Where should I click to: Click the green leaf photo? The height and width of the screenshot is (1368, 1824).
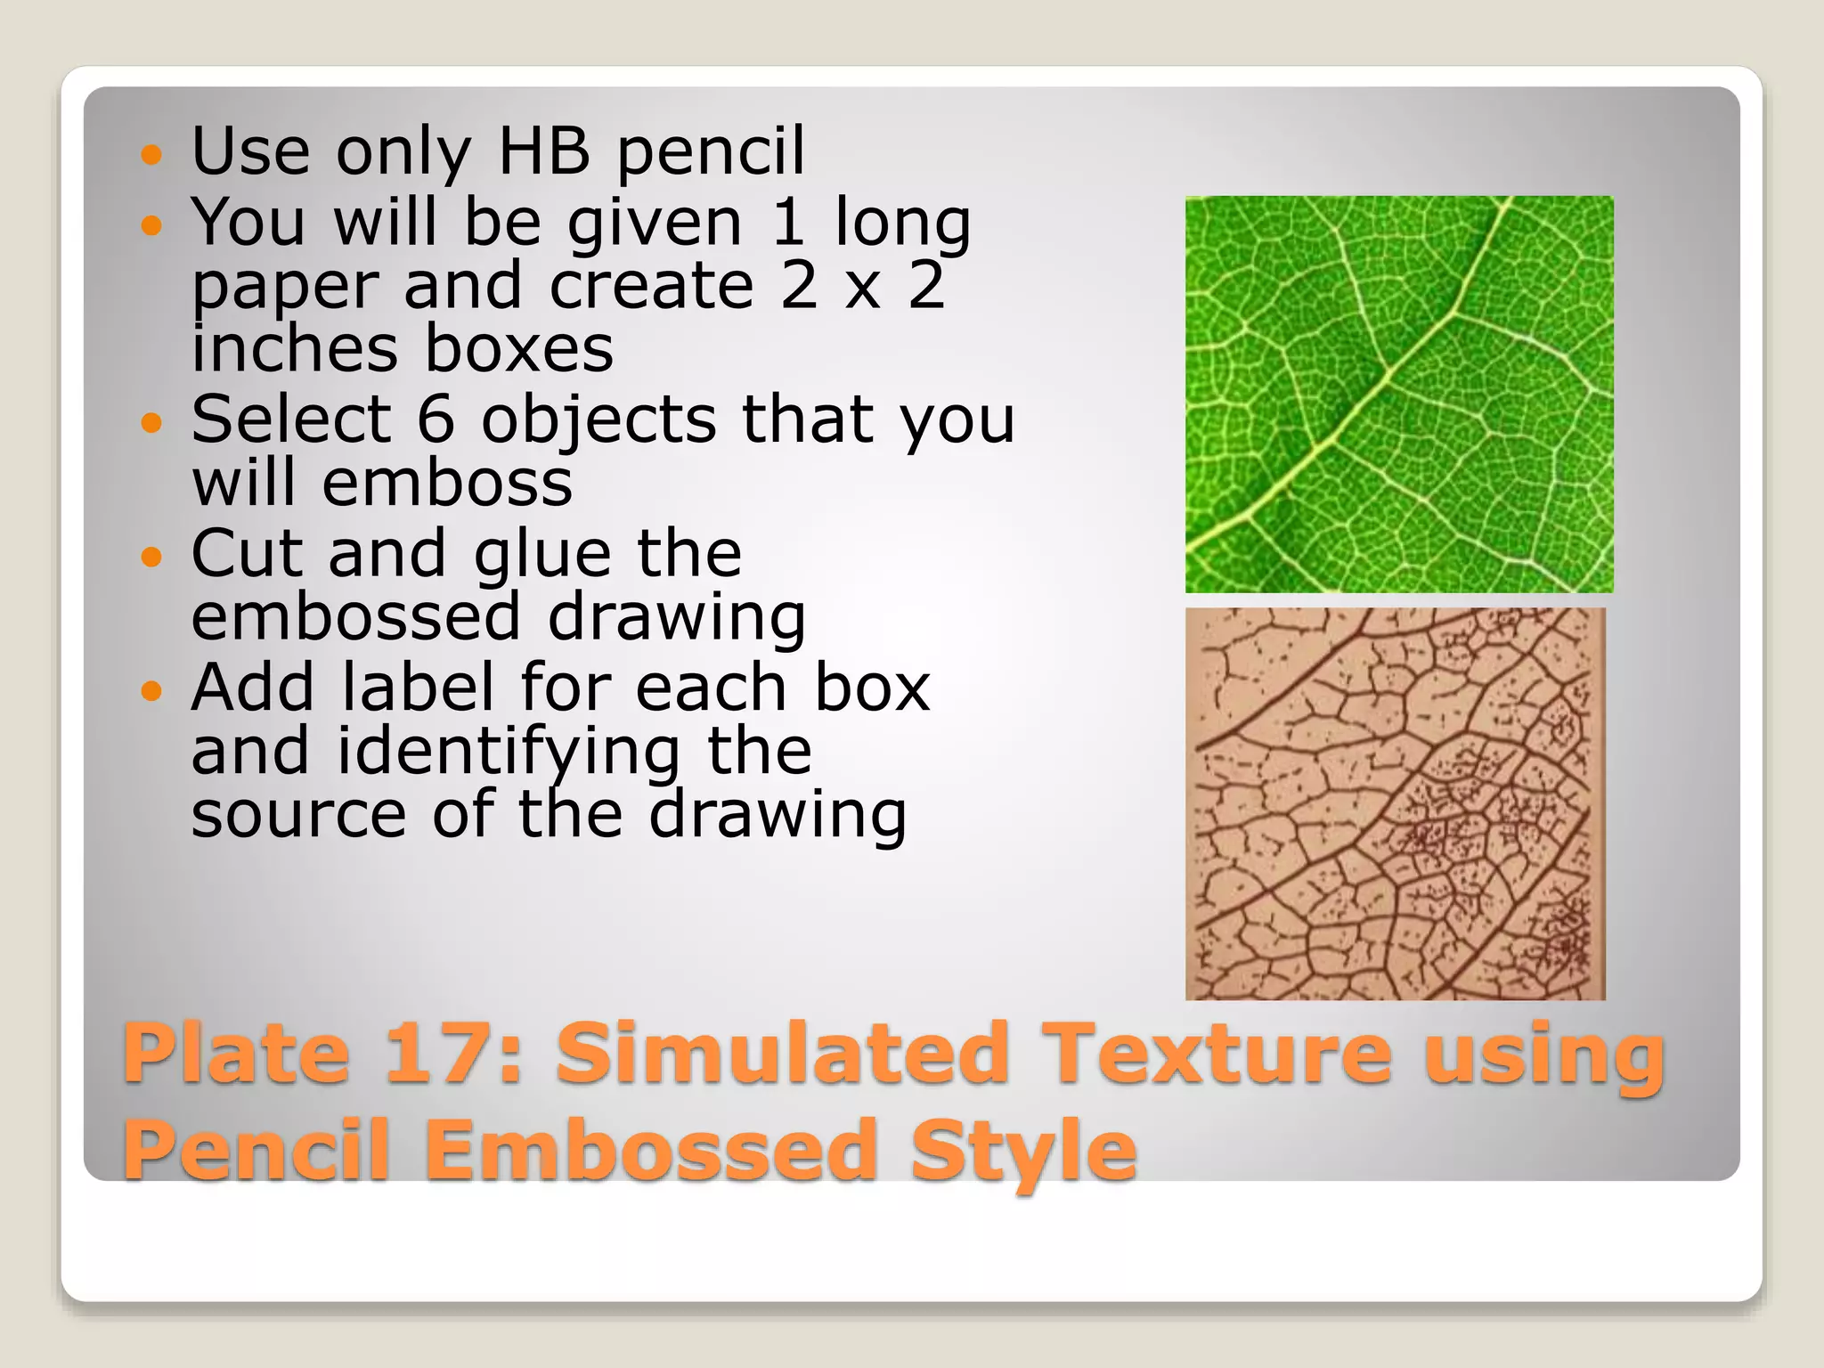[x=1398, y=394]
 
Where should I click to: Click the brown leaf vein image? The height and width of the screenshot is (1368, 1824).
[x=1395, y=803]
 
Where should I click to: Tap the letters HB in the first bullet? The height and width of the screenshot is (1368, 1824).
[x=544, y=151]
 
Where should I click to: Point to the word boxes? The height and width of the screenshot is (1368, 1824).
[x=518, y=348]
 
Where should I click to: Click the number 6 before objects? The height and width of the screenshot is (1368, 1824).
[x=436, y=419]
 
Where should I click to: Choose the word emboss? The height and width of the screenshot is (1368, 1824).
[x=447, y=484]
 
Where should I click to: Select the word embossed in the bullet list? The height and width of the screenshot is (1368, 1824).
[x=355, y=617]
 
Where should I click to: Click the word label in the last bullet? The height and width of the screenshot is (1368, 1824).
[x=418, y=688]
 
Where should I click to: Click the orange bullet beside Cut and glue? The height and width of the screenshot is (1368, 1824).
[x=152, y=558]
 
